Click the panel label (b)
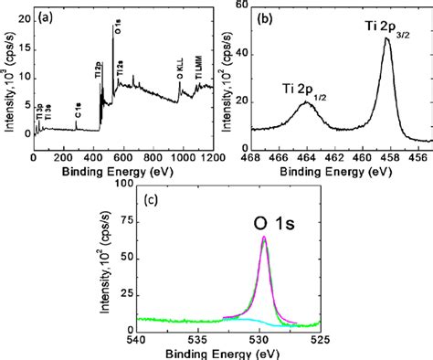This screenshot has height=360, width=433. tap(268, 16)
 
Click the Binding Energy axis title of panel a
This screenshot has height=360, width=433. tap(121, 171)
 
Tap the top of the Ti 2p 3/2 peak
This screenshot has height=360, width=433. tap(386, 38)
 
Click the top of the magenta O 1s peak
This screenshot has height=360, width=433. tap(264, 237)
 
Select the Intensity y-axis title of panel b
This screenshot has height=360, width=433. tap(224, 78)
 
